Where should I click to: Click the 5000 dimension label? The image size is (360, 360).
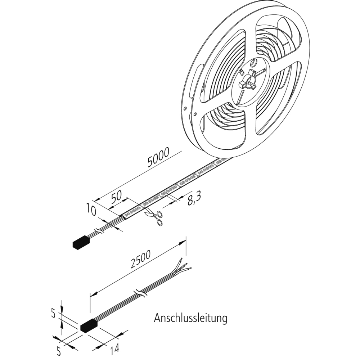[x=159, y=159]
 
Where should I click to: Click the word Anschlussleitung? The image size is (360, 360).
[x=190, y=318]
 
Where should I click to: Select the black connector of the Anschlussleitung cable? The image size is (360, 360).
[x=89, y=326]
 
